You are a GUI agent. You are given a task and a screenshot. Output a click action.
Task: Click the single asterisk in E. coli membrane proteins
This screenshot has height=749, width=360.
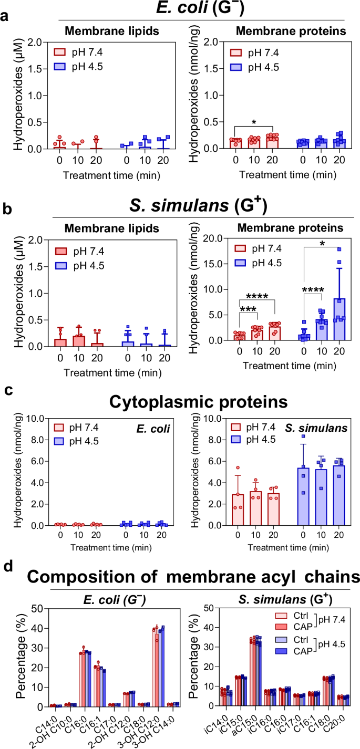pyautogui.click(x=254, y=122)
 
